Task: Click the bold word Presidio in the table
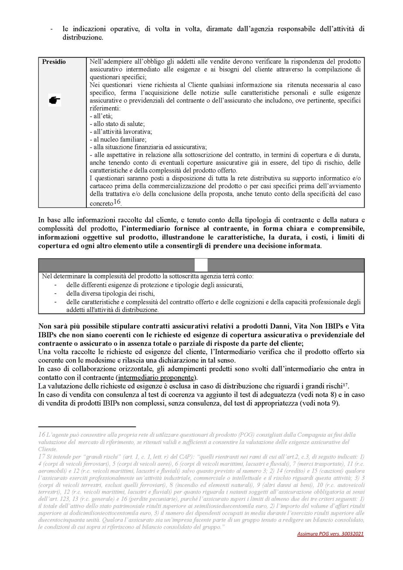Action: click(54, 62)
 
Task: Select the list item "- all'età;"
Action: click(100, 116)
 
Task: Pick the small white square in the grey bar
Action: click(201, 265)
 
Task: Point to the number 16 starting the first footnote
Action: click(42, 435)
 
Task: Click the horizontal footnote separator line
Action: click(87, 426)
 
